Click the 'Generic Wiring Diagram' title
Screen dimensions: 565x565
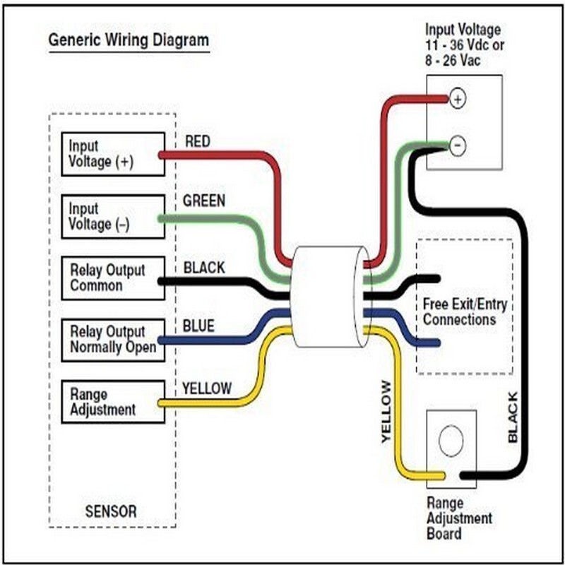click(x=128, y=40)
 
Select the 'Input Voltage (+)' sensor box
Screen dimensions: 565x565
click(x=113, y=154)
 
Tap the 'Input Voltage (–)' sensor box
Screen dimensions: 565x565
click(x=113, y=216)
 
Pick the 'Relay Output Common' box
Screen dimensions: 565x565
click(x=113, y=278)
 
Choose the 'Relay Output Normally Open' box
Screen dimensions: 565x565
click(x=113, y=339)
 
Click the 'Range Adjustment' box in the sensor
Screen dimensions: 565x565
click(x=113, y=402)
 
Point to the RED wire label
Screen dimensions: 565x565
click(x=198, y=141)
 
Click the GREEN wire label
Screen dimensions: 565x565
click(x=204, y=201)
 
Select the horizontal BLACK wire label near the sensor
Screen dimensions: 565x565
click(x=204, y=268)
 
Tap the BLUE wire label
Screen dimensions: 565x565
click(x=198, y=327)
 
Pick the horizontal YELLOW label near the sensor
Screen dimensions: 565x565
click(x=206, y=388)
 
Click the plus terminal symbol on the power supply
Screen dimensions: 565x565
click(x=458, y=99)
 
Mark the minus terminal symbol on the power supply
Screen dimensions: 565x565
click(x=458, y=146)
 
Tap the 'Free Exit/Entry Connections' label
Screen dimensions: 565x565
click(x=465, y=312)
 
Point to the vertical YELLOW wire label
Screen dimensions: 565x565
click(x=386, y=412)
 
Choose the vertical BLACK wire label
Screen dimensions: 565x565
click(x=513, y=417)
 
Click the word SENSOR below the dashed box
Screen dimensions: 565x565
click(x=111, y=511)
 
